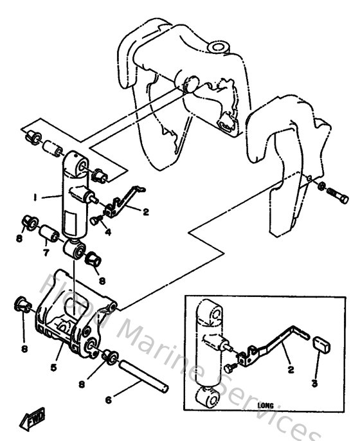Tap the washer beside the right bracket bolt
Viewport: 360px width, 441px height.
pyautogui.click(x=321, y=187)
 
